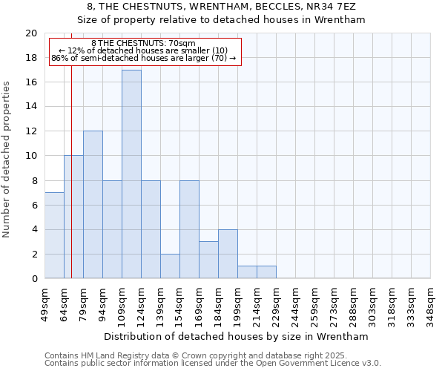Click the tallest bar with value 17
click(131, 174)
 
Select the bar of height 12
click(93, 205)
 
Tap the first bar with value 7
click(54, 235)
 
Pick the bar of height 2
click(170, 266)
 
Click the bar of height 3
click(208, 260)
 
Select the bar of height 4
click(228, 254)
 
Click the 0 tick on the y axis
click(34, 279)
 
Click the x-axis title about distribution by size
click(237, 336)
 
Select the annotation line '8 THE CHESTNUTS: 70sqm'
click(145, 44)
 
